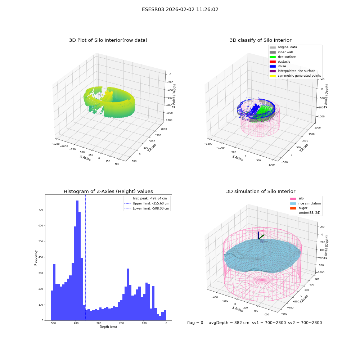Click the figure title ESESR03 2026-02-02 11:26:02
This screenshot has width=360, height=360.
click(180, 10)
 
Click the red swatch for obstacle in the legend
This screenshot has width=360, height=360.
click(273, 62)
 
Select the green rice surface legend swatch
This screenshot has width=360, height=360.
click(273, 57)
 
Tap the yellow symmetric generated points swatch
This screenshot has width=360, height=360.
click(273, 76)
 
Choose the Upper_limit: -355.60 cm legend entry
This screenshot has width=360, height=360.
click(147, 203)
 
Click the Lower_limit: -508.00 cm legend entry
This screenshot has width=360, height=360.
click(147, 208)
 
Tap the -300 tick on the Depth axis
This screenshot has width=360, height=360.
click(98, 323)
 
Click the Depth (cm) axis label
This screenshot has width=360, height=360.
click(108, 327)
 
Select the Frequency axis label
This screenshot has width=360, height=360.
click(36, 258)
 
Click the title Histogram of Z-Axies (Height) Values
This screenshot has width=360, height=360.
click(108, 192)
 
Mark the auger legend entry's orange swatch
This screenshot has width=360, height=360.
click(293, 208)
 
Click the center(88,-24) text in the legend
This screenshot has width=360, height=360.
click(309, 213)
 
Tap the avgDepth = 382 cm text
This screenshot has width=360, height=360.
click(229, 323)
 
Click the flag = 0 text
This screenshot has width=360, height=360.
click(195, 323)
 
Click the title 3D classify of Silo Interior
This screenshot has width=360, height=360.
click(261, 40)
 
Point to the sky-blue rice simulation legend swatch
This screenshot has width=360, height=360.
click(293, 203)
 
